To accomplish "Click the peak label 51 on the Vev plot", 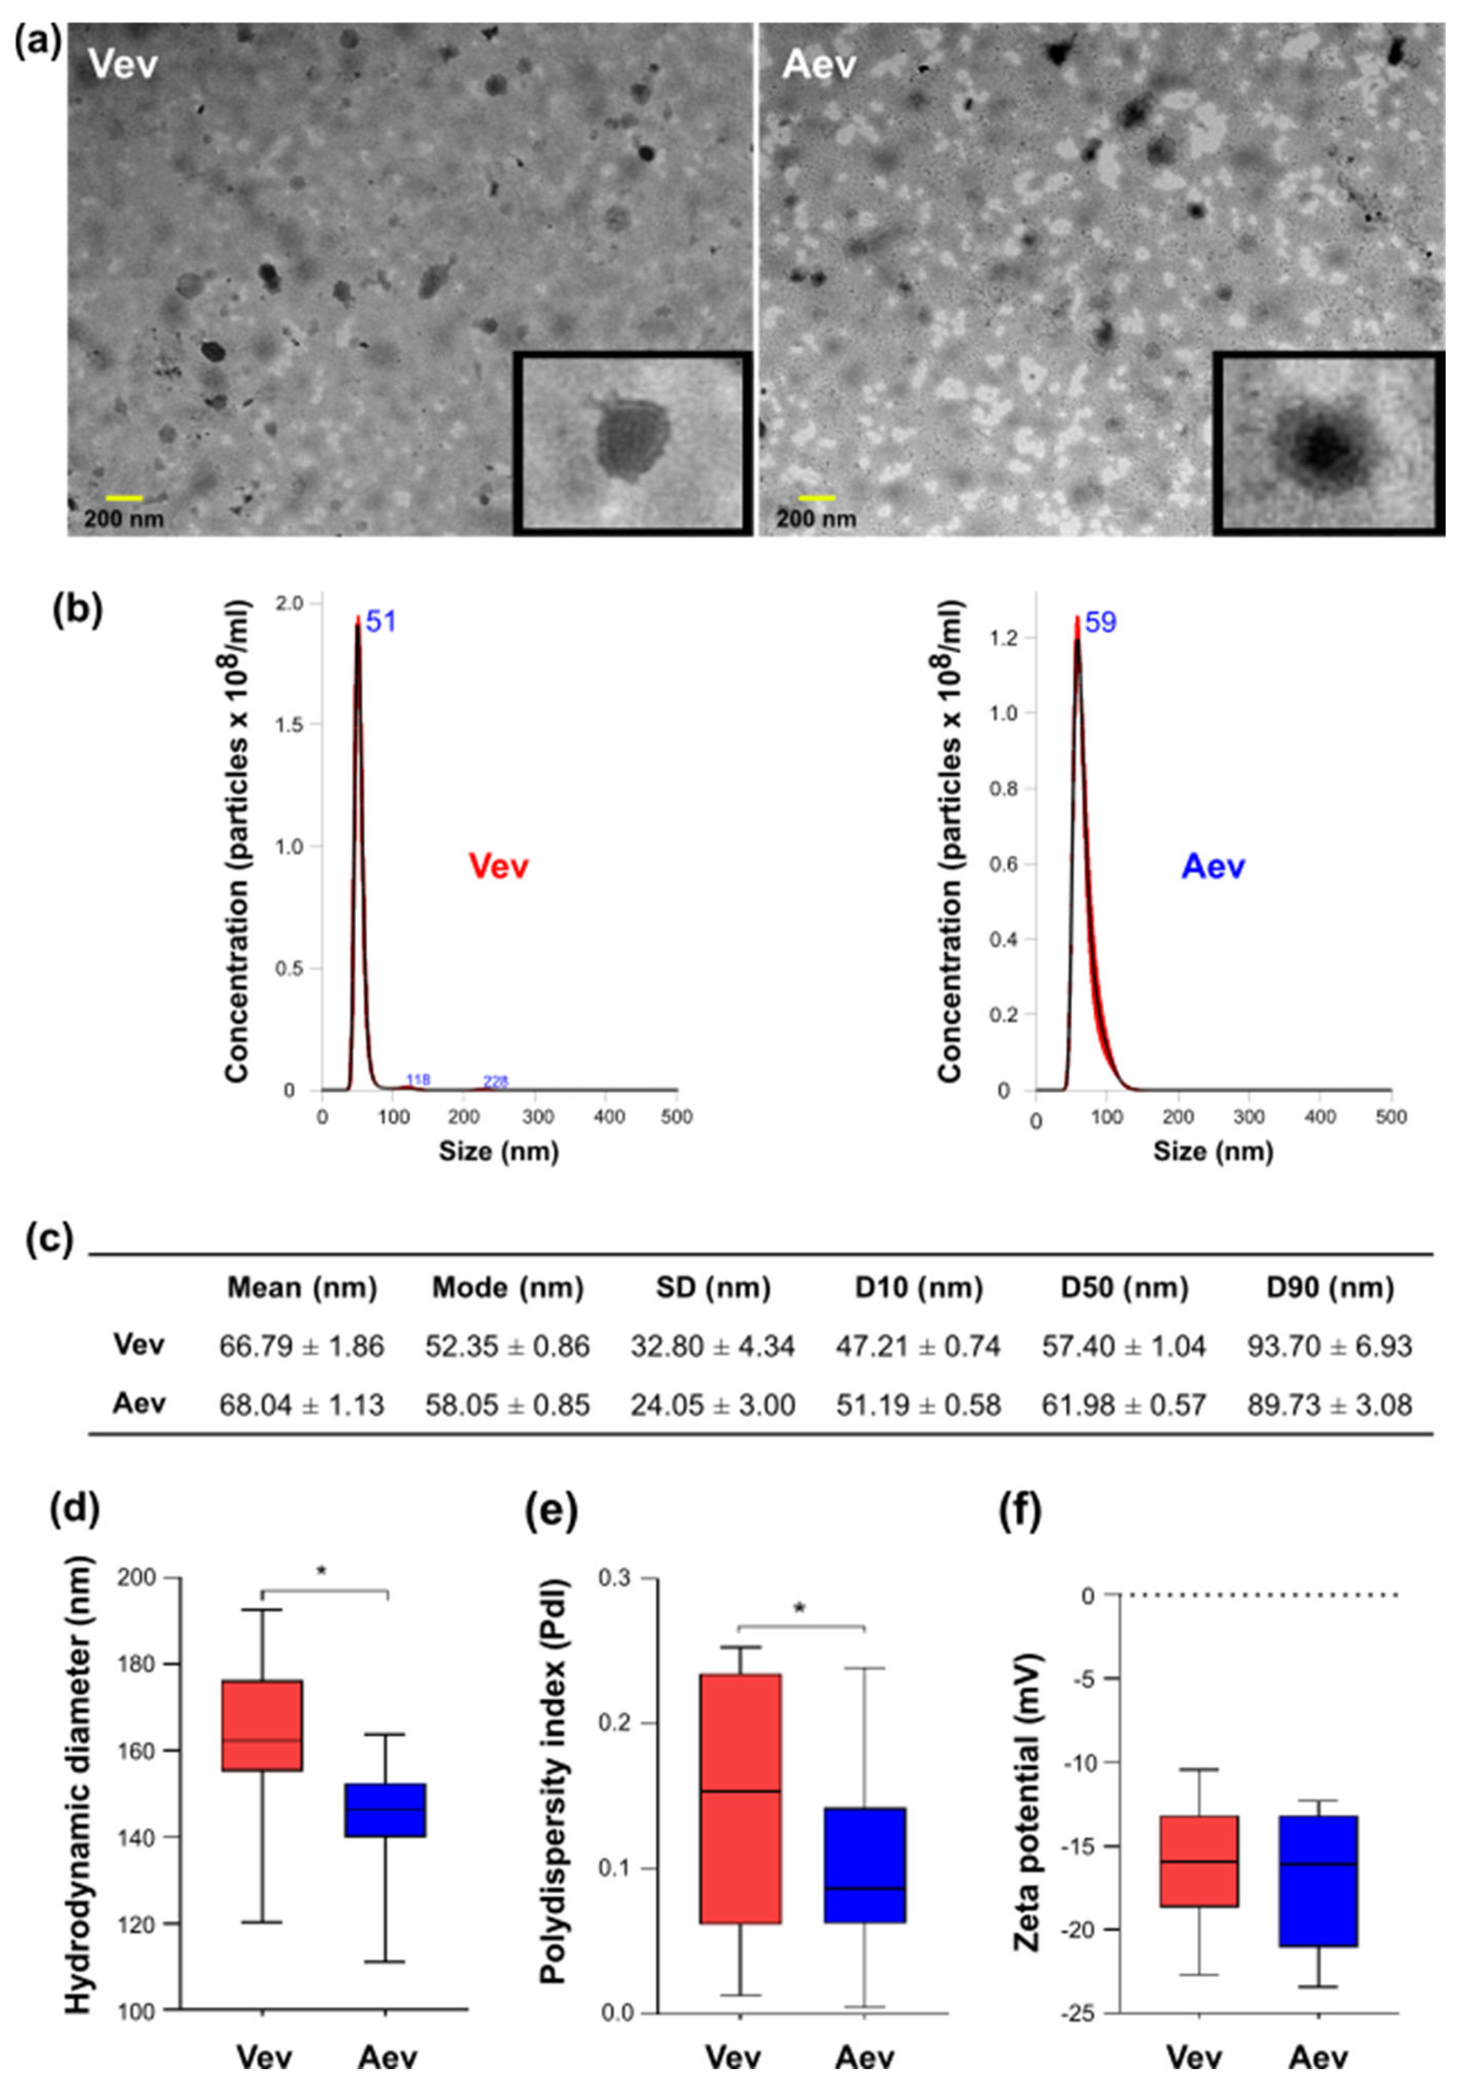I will coord(381,622).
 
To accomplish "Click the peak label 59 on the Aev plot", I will coord(1100,623).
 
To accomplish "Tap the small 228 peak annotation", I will coord(496,1080).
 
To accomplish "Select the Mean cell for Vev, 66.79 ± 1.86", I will coord(301,1346).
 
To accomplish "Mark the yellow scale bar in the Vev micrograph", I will coord(124,498).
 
